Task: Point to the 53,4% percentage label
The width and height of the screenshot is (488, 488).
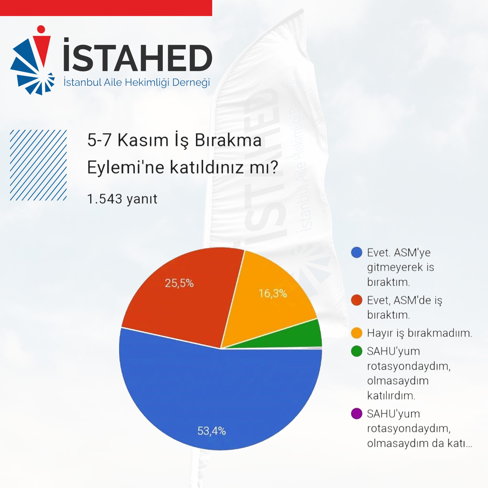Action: coord(212,431)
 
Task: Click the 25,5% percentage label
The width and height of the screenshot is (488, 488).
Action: coord(179,283)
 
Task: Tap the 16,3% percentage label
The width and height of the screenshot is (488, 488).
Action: coord(273,294)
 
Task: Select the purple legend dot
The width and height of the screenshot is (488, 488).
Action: coord(357,413)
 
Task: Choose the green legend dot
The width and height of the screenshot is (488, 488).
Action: coord(357,351)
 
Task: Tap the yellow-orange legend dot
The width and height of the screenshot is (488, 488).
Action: coord(357,333)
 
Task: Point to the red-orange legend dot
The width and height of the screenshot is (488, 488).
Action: coord(357,300)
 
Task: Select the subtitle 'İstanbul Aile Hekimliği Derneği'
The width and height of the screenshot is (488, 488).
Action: coord(137,83)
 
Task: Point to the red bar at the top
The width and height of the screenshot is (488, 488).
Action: coord(106,8)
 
